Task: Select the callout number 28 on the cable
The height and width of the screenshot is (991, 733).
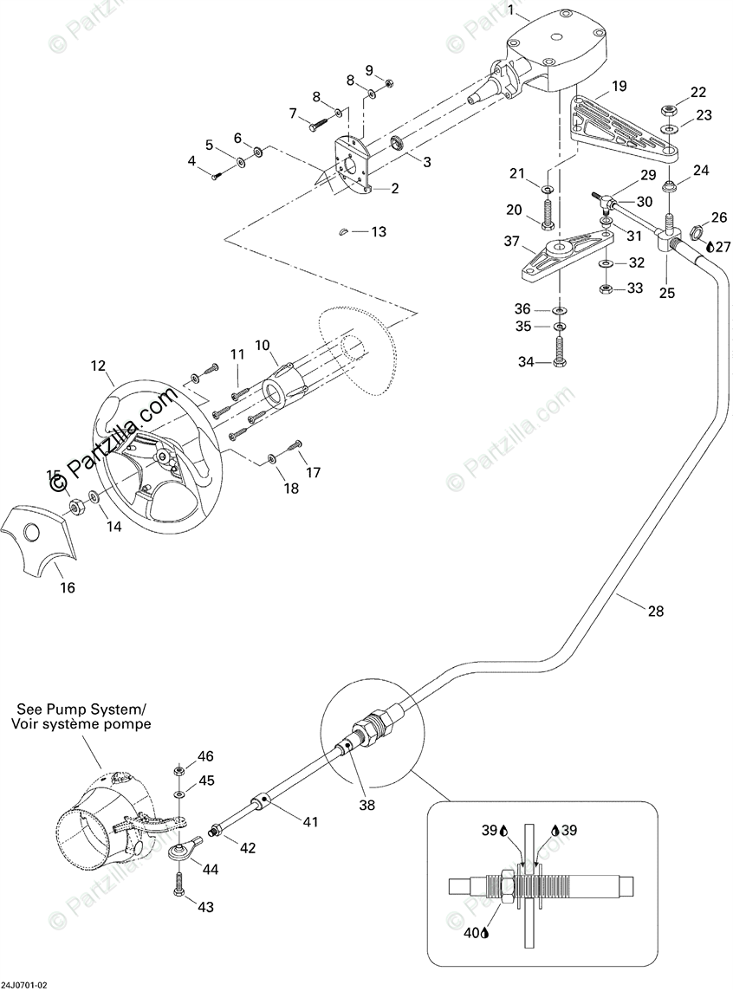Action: click(x=655, y=611)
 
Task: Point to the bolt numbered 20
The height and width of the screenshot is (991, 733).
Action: click(x=548, y=213)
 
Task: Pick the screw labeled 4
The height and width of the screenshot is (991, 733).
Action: click(x=216, y=176)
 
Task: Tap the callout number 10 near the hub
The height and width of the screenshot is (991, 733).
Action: click(x=262, y=346)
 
